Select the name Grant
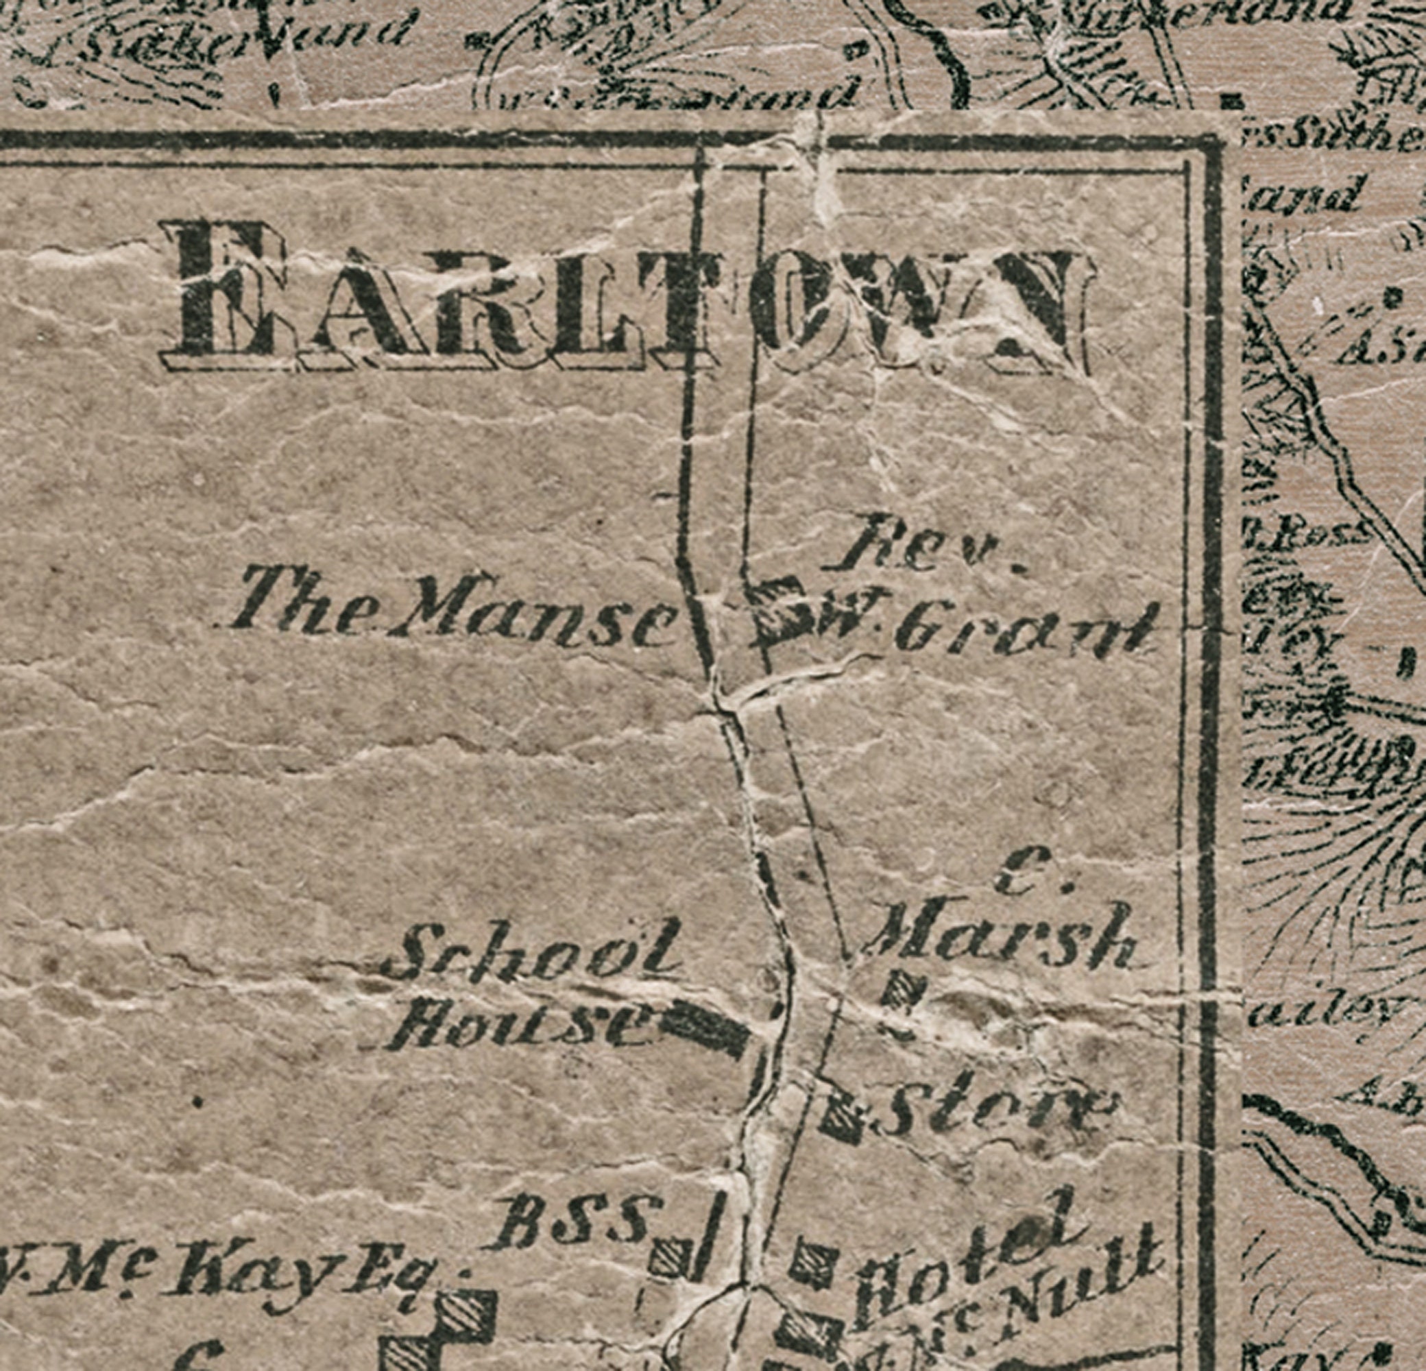click(x=1026, y=629)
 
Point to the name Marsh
click(x=1000, y=938)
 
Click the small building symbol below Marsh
click(x=906, y=989)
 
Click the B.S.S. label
click(x=575, y=1222)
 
